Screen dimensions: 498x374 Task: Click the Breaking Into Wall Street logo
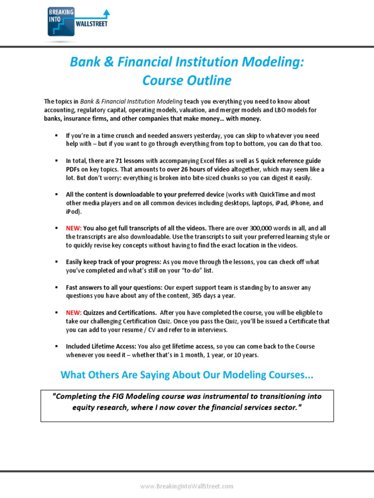tap(78, 21)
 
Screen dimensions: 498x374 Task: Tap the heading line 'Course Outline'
tap(187, 80)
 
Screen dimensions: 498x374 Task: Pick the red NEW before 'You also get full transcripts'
tap(74, 228)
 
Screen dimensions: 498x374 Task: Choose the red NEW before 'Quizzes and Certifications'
tap(74, 312)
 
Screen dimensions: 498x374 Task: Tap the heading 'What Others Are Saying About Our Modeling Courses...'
tap(187, 375)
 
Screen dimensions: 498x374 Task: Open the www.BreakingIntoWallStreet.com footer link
tap(187, 486)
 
